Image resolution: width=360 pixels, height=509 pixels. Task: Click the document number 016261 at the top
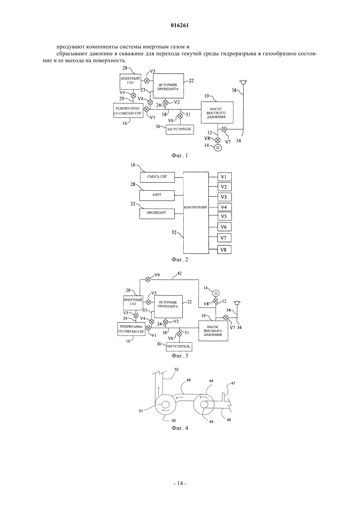pos(180,26)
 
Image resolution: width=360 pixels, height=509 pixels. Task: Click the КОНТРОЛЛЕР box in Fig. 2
pos(196,213)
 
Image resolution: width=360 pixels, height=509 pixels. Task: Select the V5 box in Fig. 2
pos(225,216)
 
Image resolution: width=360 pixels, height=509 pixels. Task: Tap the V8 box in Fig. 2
pos(224,250)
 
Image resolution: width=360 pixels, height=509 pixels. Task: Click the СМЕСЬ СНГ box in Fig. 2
pos(157,177)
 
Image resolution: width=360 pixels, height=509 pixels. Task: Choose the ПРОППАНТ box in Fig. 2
pos(157,214)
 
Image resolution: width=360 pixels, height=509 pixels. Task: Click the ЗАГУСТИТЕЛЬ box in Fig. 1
pos(180,130)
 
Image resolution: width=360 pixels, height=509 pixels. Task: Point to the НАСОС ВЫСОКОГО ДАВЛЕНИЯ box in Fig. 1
pos(217,113)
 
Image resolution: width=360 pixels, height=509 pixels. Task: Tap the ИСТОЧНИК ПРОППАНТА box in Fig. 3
pos(169,307)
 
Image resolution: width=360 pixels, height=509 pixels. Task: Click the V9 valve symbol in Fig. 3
pos(148,279)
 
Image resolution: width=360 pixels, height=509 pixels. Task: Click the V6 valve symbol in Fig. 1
pos(180,116)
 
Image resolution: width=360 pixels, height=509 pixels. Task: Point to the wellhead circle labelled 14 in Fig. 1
pos(218,148)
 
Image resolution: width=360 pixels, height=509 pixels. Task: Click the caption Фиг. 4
pos(180,428)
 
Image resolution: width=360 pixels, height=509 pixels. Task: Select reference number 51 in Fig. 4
pos(141,411)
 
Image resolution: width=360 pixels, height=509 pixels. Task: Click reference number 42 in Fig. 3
pos(179,273)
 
